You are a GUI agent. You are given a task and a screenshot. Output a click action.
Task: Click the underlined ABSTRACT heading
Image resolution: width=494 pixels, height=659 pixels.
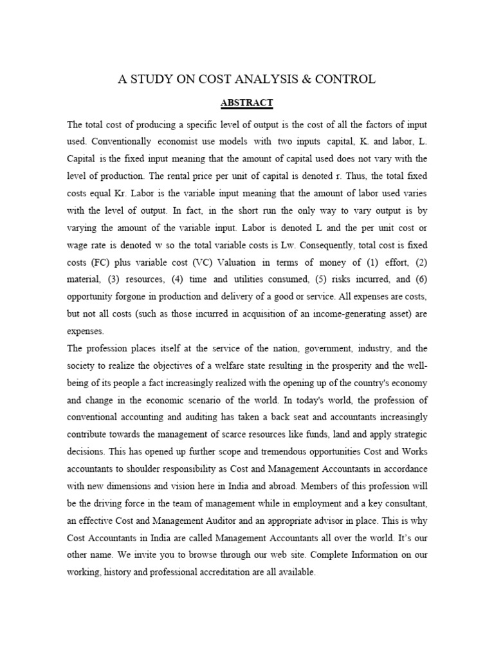(x=247, y=102)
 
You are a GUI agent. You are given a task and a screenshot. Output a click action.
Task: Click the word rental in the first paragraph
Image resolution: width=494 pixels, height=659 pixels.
(x=193, y=175)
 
